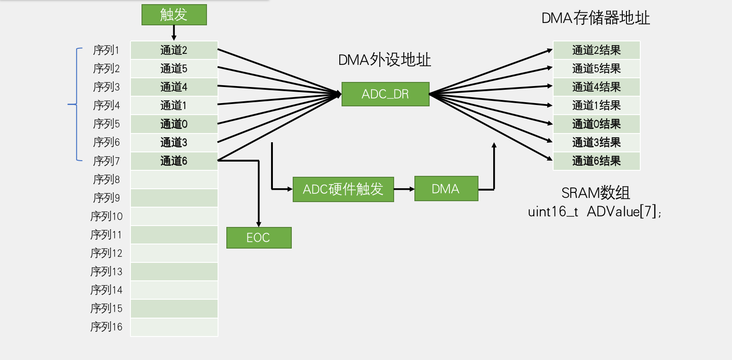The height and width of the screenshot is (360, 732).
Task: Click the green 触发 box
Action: pos(174,15)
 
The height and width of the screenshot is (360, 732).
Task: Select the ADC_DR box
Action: pos(385,94)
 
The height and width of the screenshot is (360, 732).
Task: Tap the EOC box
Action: pos(259,238)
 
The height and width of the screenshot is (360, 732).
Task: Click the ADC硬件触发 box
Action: pos(343,189)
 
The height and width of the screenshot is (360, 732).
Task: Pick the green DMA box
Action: pos(446,189)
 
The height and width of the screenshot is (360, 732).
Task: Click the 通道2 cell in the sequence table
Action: pos(174,50)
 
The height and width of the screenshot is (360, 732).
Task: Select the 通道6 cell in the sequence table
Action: pos(174,161)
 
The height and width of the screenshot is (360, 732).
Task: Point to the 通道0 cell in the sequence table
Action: pos(174,124)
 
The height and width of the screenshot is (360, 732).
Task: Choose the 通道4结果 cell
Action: pos(596,87)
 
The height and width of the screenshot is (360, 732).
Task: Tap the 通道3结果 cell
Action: pos(596,142)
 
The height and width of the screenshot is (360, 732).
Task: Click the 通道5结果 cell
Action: pos(596,69)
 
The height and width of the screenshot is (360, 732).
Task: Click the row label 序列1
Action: pos(106,50)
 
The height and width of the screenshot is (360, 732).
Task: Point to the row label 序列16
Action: pos(106,327)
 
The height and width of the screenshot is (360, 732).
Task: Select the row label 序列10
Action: pos(106,216)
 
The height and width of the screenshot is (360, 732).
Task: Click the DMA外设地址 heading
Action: pos(384,60)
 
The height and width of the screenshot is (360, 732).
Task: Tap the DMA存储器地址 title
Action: pos(596,18)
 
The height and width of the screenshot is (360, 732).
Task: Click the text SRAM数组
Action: pos(596,192)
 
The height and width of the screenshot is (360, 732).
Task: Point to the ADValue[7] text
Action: pos(623,212)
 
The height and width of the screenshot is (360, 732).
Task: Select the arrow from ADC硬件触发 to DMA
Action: pos(404,189)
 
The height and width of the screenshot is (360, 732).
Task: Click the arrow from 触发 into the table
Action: pos(174,33)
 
